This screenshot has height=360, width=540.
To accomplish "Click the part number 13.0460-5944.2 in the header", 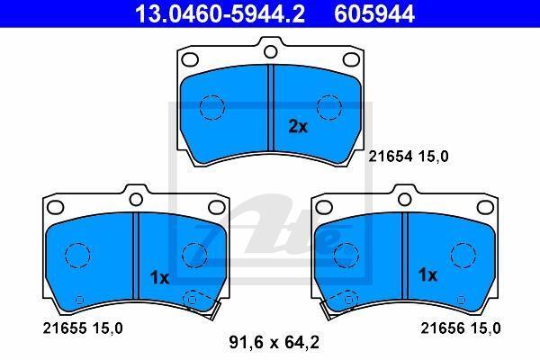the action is coord(220,13).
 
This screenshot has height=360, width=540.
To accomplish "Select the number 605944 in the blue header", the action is coord(374,13).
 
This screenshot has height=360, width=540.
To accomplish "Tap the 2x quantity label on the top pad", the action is coord(298,127).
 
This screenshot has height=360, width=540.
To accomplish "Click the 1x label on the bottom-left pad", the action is coord(160,278).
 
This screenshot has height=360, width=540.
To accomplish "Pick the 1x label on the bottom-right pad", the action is coord(427,274).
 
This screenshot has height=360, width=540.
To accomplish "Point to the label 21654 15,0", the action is coord(409,157).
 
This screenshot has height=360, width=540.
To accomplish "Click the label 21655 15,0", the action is coord(83,328).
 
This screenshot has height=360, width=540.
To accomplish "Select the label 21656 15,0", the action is coord(461,328).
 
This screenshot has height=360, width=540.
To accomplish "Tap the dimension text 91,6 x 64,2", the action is coord(274,342).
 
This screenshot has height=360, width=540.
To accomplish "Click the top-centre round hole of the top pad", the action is coord(271,51).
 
